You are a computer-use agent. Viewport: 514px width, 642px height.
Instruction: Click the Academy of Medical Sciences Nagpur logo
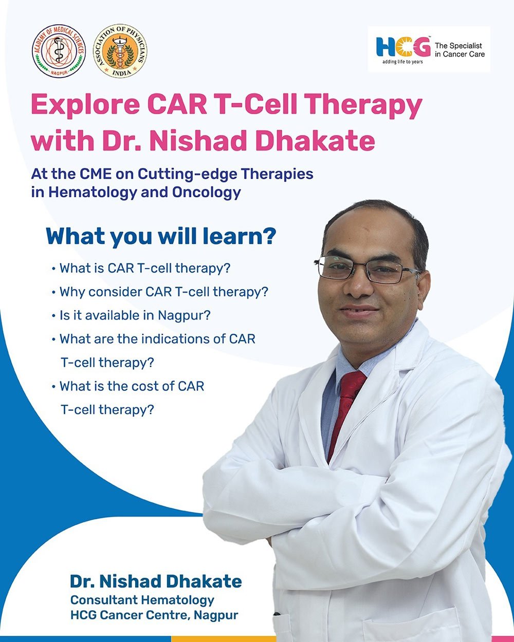click(x=59, y=51)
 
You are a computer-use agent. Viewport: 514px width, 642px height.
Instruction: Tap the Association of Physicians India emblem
click(x=120, y=51)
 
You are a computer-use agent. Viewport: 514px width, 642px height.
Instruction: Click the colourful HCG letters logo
click(x=403, y=47)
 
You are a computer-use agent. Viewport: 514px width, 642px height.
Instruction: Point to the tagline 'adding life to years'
click(x=402, y=62)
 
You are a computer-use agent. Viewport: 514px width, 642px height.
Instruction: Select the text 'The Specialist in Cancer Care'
click(x=460, y=50)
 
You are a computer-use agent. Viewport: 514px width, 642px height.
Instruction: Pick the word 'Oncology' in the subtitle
click(x=207, y=193)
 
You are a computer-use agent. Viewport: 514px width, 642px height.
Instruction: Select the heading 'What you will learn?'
click(x=161, y=236)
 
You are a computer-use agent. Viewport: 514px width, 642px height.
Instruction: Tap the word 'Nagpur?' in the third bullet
click(x=185, y=316)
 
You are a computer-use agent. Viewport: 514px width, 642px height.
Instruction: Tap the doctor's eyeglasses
click(x=368, y=269)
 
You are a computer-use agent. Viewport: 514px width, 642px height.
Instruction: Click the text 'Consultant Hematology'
click(x=142, y=600)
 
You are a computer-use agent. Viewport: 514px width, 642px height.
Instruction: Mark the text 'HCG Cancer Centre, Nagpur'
click(x=154, y=615)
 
